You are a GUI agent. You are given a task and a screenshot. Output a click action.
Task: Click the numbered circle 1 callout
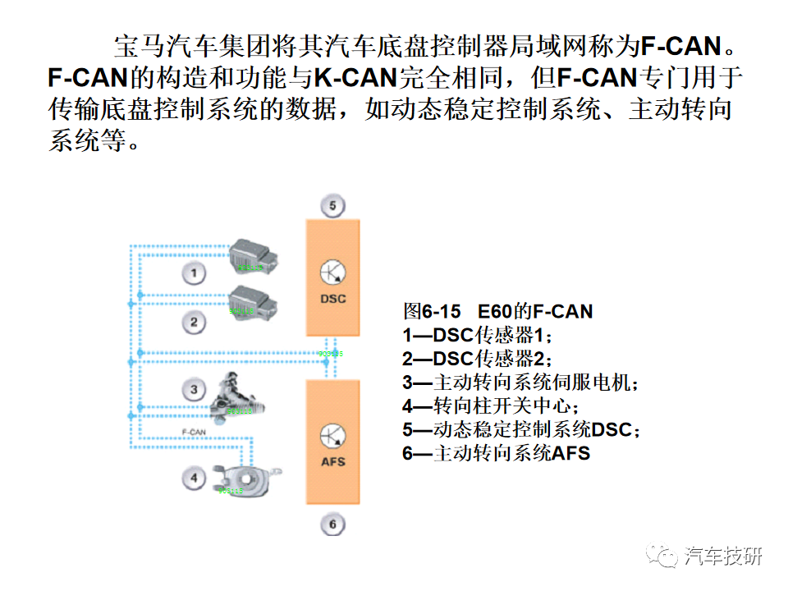click(x=194, y=273)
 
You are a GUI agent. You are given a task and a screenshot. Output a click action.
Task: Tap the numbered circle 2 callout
click(x=194, y=321)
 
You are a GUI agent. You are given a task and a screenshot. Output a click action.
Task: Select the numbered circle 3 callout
click(x=194, y=389)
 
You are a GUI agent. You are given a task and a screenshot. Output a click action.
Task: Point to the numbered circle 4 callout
click(x=194, y=477)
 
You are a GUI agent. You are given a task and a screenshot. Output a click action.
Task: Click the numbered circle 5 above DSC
click(x=332, y=205)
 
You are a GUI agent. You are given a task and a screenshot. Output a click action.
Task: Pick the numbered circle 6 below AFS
click(x=332, y=523)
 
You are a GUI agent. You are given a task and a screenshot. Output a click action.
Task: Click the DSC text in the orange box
click(x=332, y=299)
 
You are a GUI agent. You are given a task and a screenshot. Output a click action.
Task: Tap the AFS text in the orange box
click(x=332, y=462)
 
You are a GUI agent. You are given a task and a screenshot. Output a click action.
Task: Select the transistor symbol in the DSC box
click(x=332, y=273)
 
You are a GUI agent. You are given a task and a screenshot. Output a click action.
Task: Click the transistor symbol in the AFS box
click(x=332, y=436)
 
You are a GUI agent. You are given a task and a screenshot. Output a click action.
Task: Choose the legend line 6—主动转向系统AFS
click(x=496, y=453)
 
